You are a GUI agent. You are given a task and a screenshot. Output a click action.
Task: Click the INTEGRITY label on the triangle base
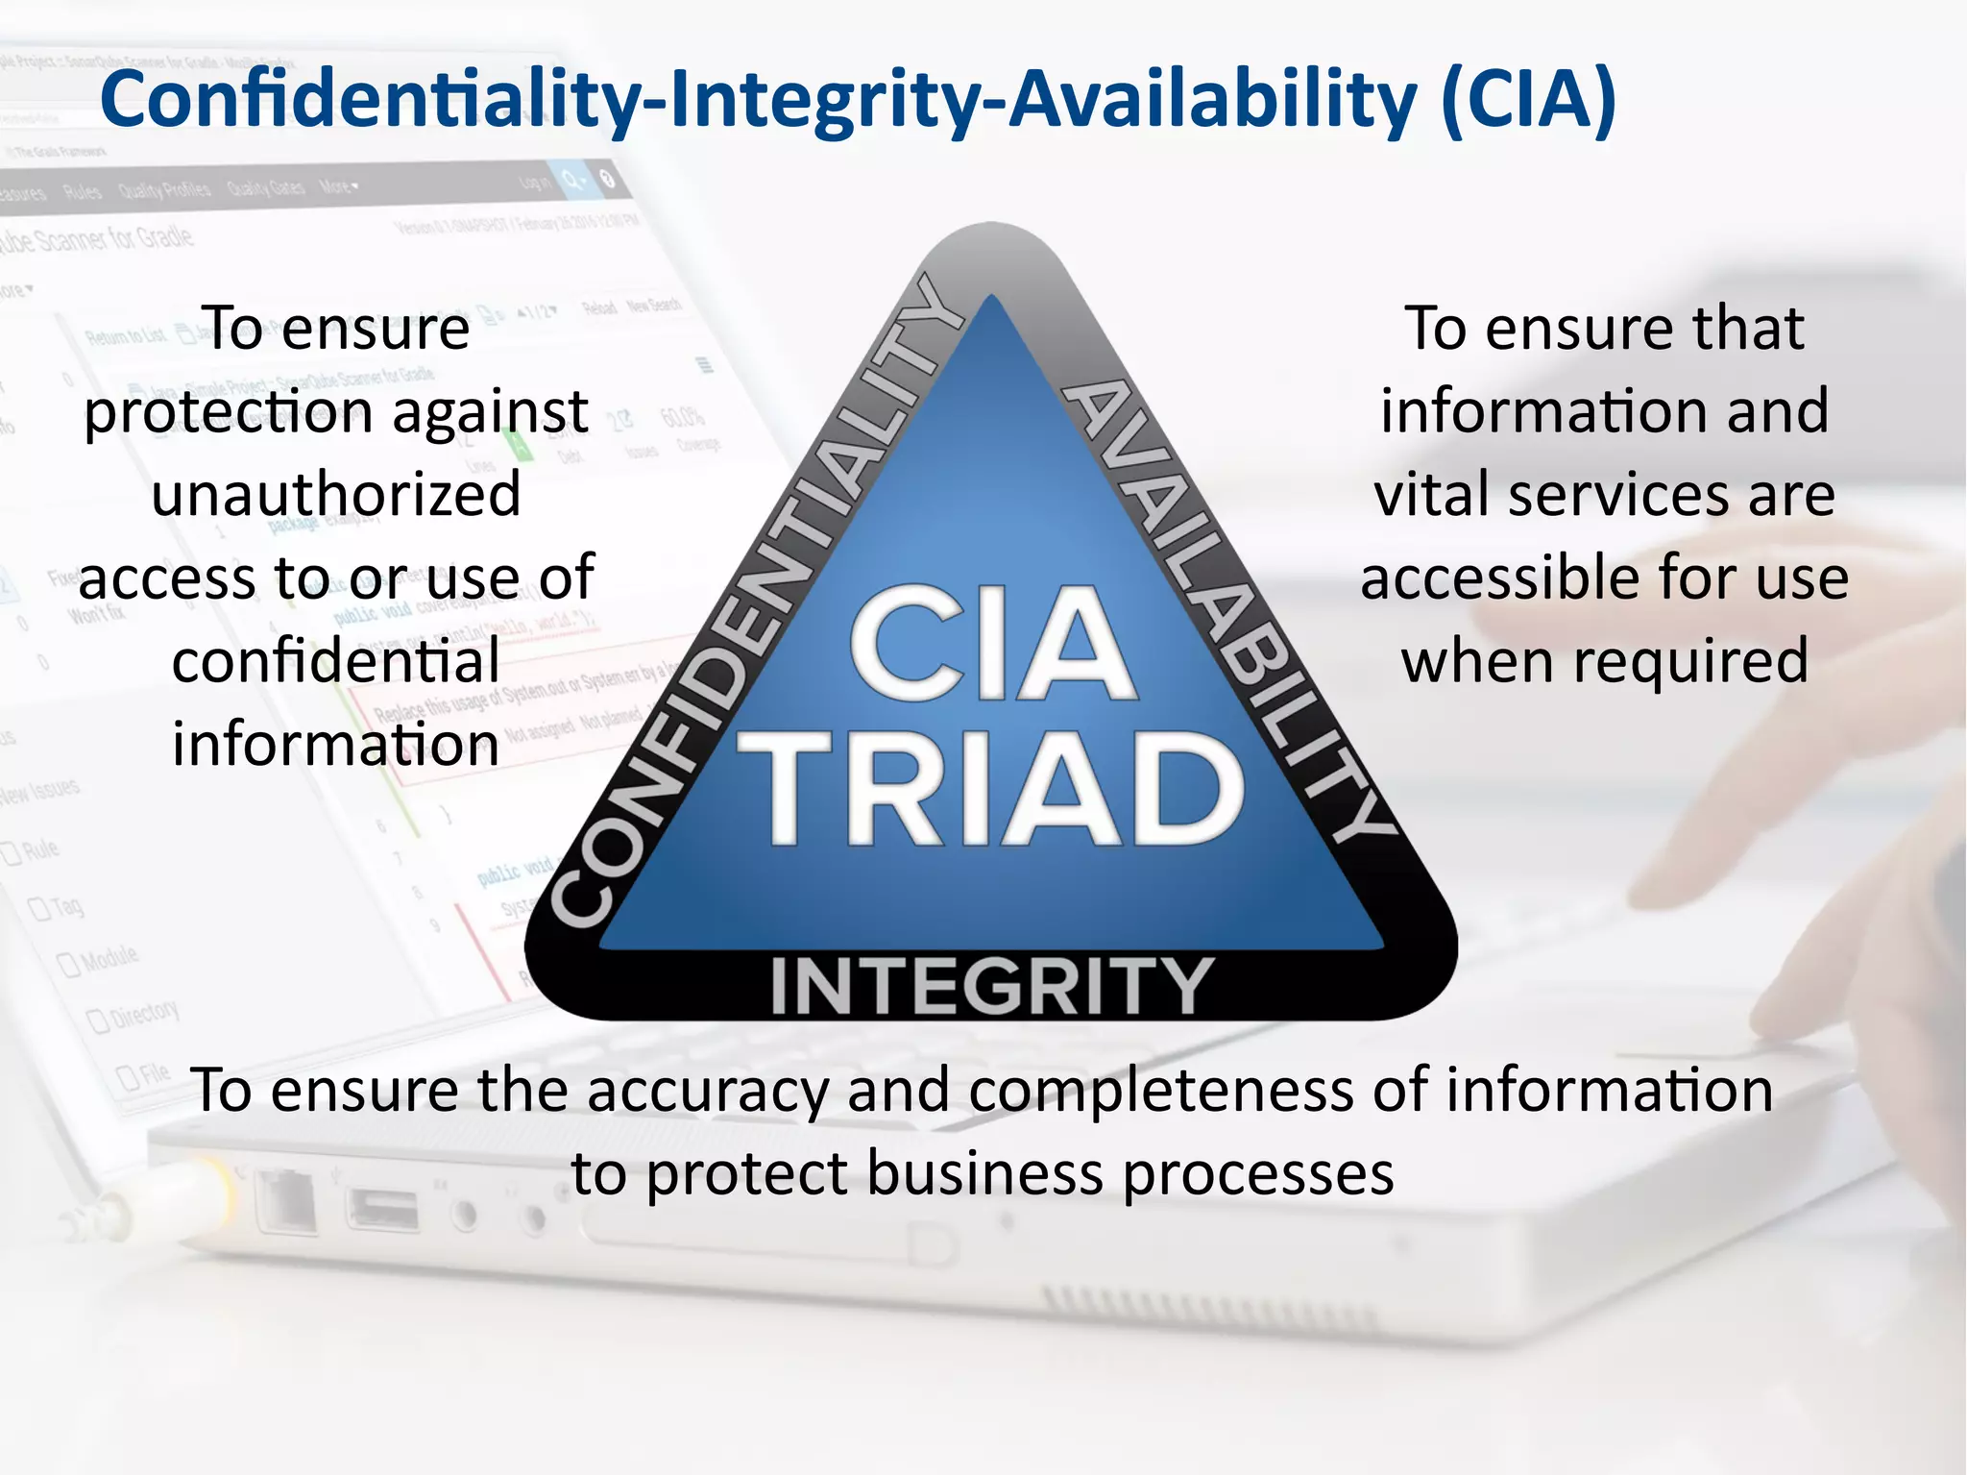(x=990, y=986)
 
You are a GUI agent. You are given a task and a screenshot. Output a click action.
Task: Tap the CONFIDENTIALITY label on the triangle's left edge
(x=759, y=605)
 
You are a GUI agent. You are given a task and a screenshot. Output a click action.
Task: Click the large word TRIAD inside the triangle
(x=990, y=788)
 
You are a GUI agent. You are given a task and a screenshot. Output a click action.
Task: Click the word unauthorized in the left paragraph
(x=336, y=494)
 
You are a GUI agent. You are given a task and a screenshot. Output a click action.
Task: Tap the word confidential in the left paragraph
(x=336, y=661)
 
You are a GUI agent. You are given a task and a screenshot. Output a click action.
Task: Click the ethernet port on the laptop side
(x=287, y=1200)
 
